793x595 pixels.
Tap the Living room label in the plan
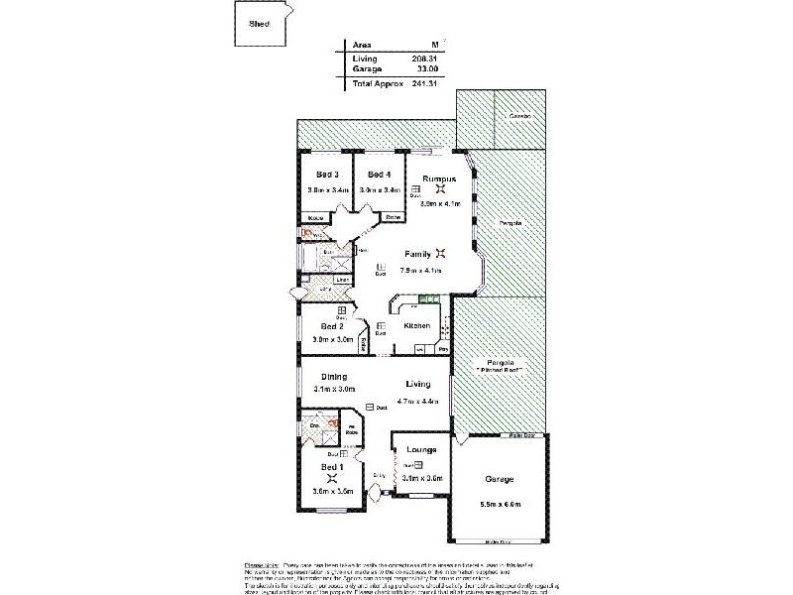point(418,384)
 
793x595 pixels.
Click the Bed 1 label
point(332,465)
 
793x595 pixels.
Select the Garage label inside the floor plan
point(499,479)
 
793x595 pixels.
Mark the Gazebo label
point(520,117)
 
